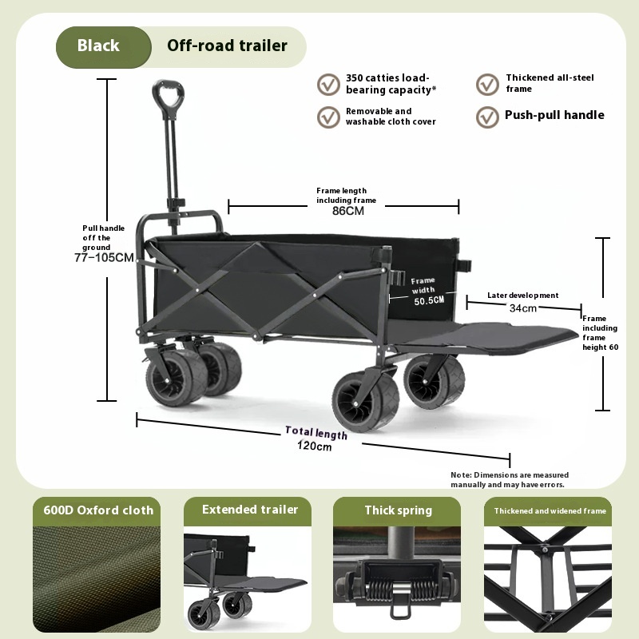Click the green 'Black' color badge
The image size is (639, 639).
99,46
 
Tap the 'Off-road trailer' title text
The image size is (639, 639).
227,46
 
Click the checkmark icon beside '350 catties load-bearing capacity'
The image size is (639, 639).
328,84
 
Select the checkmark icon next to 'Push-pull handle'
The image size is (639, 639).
487,117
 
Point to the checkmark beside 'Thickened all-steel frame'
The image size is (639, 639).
487,84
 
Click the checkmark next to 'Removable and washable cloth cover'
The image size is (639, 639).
328,117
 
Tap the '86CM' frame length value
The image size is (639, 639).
348,212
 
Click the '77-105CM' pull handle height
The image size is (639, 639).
104,258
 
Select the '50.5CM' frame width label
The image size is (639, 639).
429,301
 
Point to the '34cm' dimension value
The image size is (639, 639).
523,308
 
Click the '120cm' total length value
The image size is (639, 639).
314,447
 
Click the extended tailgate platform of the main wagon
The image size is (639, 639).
503,335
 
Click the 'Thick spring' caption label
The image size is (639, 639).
398,510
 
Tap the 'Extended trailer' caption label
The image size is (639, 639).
250,510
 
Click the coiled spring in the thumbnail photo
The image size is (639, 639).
397,592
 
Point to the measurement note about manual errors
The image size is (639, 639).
510,480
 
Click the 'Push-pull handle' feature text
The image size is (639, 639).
554,115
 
